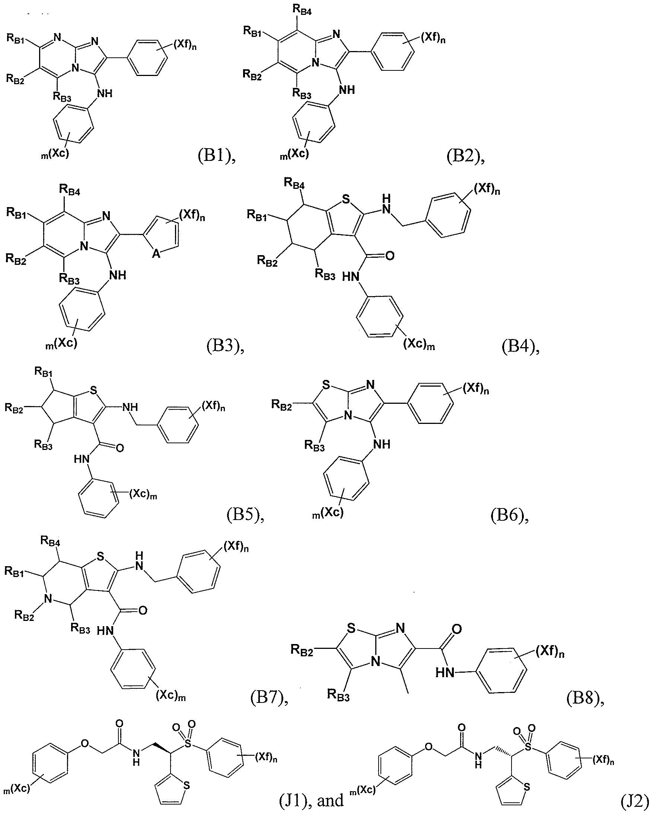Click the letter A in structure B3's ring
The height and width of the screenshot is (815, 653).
pyautogui.click(x=156, y=254)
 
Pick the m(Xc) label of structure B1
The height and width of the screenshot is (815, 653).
pyautogui.click(x=55, y=154)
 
